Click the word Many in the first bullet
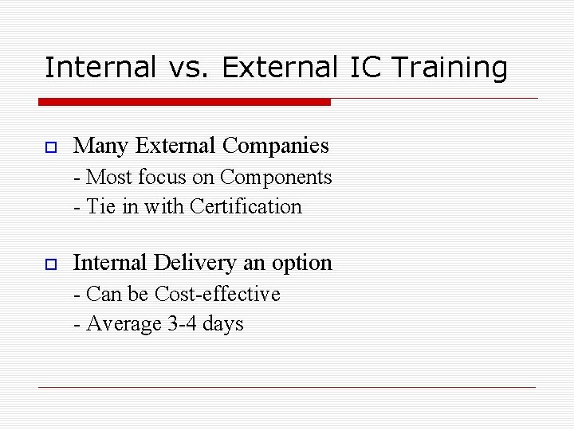pyautogui.click(x=101, y=147)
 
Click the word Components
pyautogui.click(x=276, y=178)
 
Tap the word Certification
pyautogui.click(x=246, y=207)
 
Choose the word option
pyautogui.click(x=302, y=264)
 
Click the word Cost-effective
pyautogui.click(x=218, y=295)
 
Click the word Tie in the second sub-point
pyautogui.click(x=100, y=207)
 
